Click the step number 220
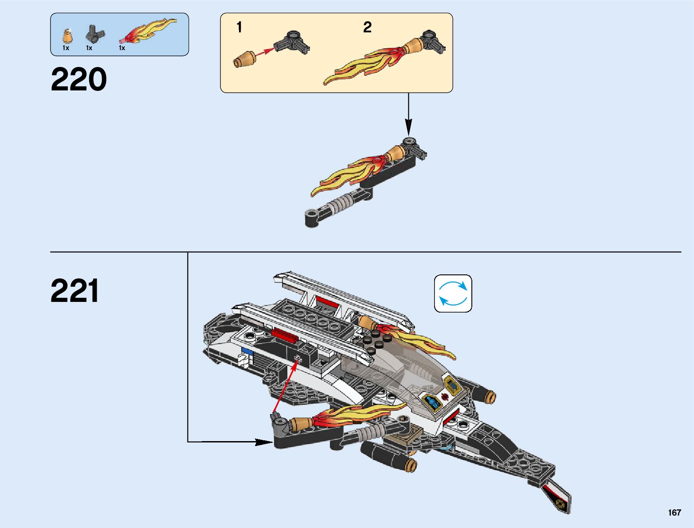[79, 80]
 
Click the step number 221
[74, 291]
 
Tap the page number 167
[674, 513]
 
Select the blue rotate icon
[453, 293]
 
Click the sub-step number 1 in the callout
[239, 27]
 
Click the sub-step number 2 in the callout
[367, 27]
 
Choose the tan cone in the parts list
[68, 36]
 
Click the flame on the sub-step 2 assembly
[364, 66]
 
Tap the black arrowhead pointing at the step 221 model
[264, 442]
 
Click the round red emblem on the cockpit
[445, 396]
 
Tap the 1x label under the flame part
[122, 48]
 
